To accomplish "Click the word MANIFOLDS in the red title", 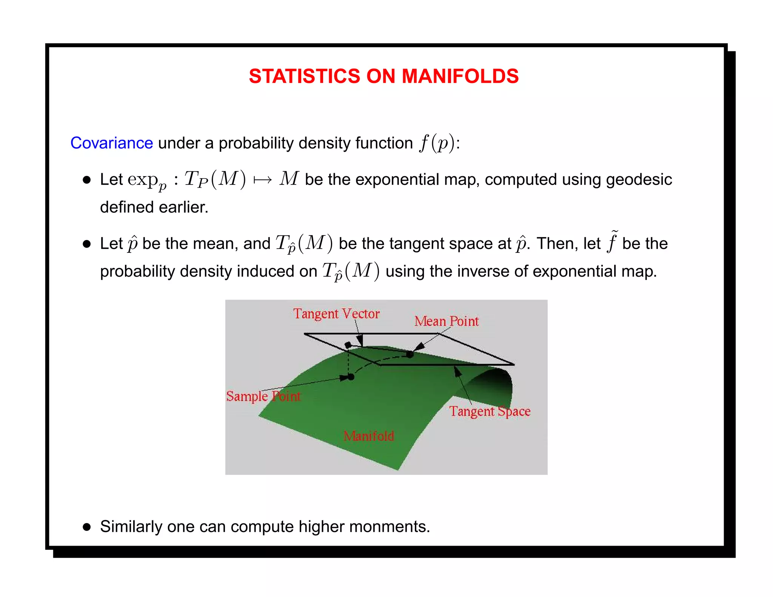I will (460, 76).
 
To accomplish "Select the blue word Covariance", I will (112, 143).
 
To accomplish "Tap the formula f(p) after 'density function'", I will (437, 143).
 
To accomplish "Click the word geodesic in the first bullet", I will (639, 180).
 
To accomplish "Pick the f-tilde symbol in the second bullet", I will (612, 242).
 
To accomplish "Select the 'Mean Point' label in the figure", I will (447, 322).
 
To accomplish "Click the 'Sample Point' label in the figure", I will (263, 396).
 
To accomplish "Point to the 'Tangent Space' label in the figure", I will (490, 411).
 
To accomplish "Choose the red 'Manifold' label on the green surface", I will (369, 436).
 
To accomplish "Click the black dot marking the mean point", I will (410, 354).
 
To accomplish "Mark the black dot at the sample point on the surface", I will (351, 377).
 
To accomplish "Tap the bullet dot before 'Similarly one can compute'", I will (87, 527).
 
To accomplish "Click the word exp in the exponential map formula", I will (143, 180).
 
